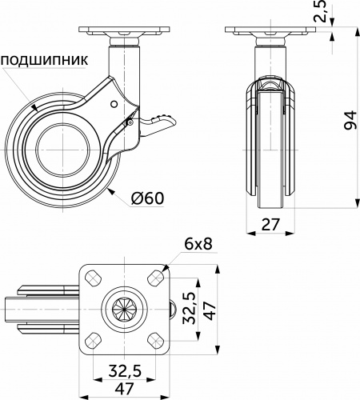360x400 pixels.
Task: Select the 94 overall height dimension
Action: pyautogui.click(x=348, y=120)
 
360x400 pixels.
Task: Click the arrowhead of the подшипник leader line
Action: pyautogui.click(x=37, y=106)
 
